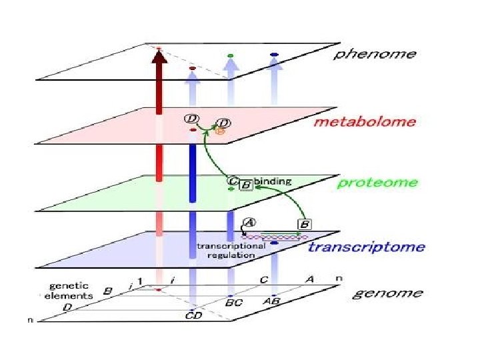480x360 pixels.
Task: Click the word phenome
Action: click(375, 54)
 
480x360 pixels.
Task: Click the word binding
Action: click(268, 181)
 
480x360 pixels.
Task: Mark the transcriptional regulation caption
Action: click(231, 249)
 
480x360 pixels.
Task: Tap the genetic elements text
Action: click(67, 291)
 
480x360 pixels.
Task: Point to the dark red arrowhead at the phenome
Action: click(159, 57)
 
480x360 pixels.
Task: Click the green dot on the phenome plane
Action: click(230, 55)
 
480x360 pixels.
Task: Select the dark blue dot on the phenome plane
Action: click(274, 54)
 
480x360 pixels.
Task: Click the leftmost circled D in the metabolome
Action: click(191, 119)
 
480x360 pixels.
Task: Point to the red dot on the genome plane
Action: click(159, 289)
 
